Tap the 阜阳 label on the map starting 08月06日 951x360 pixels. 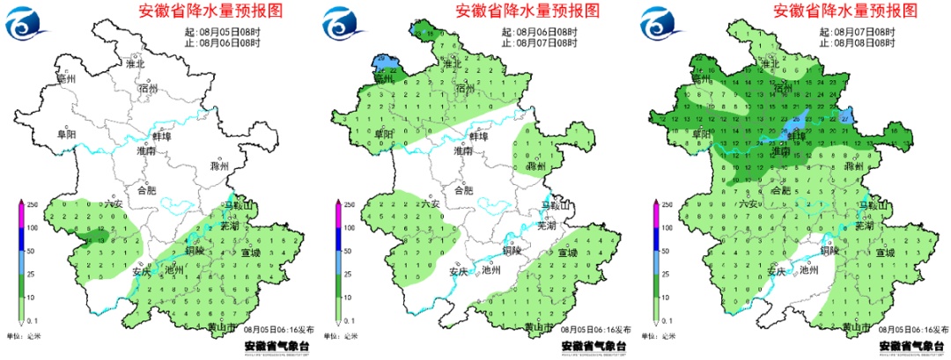click(384, 134)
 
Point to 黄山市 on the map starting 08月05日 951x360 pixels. click(224, 327)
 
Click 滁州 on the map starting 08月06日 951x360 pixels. click(536, 165)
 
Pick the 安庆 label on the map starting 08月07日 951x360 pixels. click(774, 271)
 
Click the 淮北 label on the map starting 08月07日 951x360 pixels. click(770, 64)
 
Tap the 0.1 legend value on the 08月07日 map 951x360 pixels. click(667, 322)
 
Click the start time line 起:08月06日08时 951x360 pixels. click(539, 31)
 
